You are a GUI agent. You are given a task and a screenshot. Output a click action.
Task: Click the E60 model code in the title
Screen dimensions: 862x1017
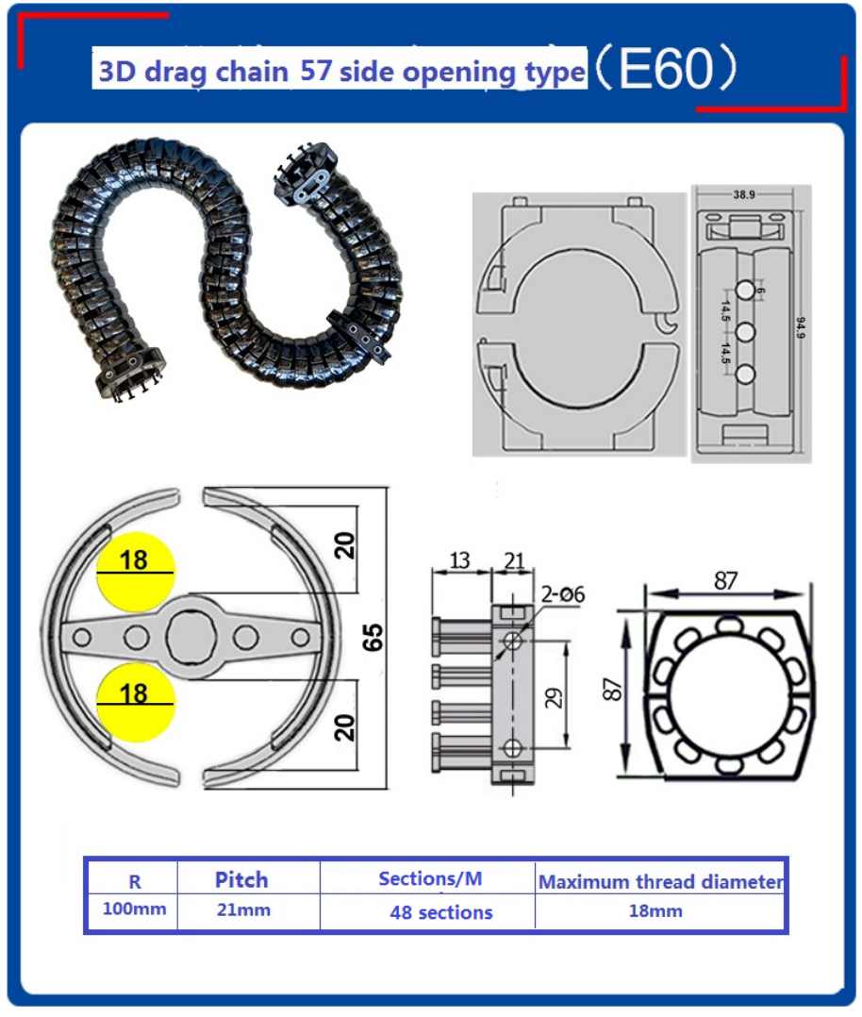tap(666, 69)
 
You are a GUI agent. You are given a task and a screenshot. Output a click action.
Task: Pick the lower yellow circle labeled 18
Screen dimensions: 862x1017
tap(135, 703)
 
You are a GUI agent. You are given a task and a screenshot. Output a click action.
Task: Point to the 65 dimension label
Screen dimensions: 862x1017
tap(373, 637)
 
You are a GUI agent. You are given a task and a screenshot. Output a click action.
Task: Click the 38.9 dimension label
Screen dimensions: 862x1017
tap(744, 194)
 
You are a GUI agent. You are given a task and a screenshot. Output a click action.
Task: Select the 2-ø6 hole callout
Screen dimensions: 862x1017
tap(562, 593)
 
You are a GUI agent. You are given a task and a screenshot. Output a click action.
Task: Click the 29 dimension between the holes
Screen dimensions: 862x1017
tap(553, 698)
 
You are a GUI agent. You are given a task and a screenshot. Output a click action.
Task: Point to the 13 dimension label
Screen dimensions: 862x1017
tap(459, 559)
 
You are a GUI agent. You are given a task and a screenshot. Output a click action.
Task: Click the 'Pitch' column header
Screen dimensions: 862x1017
tap(241, 879)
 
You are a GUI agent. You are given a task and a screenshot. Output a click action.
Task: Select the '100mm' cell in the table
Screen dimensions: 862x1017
tap(134, 908)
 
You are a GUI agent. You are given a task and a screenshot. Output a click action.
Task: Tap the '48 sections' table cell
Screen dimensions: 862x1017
tap(441, 912)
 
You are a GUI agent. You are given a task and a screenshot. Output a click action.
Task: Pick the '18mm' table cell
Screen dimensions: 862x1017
tap(655, 910)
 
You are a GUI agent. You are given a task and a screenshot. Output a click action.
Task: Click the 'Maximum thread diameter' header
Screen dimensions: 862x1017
tap(661, 881)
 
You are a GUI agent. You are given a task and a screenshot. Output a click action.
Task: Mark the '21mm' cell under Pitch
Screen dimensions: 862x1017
tap(243, 909)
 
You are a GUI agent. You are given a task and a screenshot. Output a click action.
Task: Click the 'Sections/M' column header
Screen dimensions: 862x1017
tap(430, 878)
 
